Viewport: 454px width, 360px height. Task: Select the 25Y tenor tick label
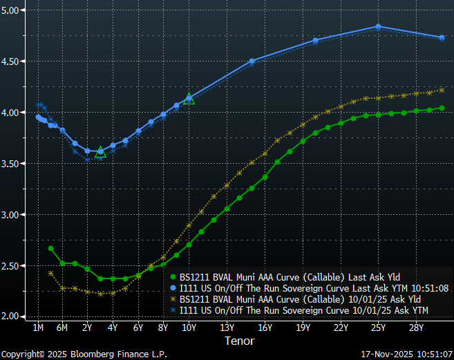tap(378, 327)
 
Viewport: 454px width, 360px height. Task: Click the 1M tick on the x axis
tap(38, 327)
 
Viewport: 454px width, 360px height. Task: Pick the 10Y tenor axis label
tap(189, 327)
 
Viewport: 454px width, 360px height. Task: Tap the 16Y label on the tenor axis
tap(265, 327)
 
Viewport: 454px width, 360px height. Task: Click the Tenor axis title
tap(239, 341)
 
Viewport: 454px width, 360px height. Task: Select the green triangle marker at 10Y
tap(189, 100)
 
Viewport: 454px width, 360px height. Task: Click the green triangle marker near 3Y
tap(100, 151)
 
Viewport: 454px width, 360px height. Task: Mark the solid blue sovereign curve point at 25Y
tap(378, 27)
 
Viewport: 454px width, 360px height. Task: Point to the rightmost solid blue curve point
tap(442, 37)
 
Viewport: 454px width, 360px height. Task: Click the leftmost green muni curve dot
tap(50, 248)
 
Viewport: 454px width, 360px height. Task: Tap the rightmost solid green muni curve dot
tap(442, 108)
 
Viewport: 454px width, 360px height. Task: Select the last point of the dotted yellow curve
tap(442, 90)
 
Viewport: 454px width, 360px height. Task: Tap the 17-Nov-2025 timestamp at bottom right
tap(406, 353)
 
